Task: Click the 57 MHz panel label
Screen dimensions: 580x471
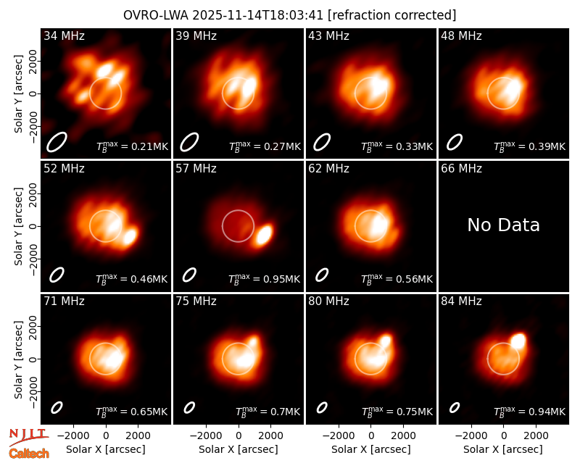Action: pos(196,169)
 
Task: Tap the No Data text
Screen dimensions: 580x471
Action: pos(503,225)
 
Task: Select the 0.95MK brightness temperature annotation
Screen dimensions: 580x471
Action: pos(264,278)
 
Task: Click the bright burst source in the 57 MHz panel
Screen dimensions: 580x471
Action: pos(264,234)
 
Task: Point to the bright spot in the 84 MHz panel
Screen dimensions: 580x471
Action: pos(518,341)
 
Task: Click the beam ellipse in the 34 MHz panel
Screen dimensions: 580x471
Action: pos(57,142)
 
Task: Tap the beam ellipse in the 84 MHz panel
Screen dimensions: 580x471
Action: pos(455,407)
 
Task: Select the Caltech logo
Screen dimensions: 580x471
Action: pos(29,454)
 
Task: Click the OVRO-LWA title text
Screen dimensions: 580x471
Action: pos(289,15)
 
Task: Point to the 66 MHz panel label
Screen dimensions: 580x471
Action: pos(461,169)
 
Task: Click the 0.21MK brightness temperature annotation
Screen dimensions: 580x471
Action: pos(132,146)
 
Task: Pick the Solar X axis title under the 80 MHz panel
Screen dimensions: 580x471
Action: pos(371,449)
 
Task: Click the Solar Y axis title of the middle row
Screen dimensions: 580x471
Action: pos(18,226)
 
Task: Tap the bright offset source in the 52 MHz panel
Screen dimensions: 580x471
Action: pos(130,236)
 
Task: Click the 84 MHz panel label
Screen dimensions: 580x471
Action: pos(461,301)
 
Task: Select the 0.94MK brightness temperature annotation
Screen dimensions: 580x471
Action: pos(529,411)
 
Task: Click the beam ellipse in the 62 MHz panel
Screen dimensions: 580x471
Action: pos(322,275)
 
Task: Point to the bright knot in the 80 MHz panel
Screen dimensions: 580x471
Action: pos(386,340)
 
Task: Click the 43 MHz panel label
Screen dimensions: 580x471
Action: pos(329,36)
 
